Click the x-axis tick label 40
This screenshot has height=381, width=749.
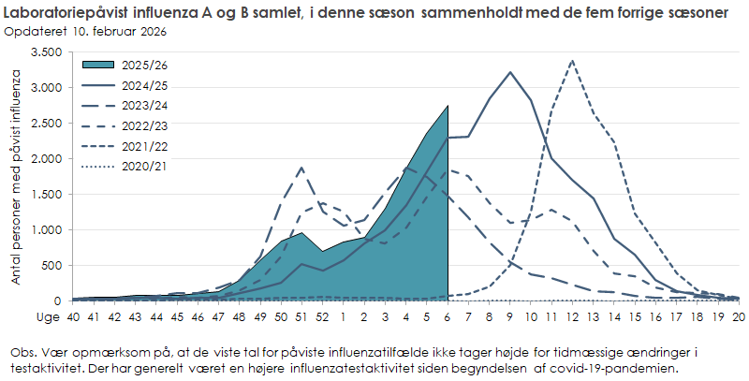click(x=72, y=318)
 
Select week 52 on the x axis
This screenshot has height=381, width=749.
click(x=322, y=318)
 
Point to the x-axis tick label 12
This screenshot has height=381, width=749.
click(x=572, y=318)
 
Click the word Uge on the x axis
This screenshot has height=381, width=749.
click(x=48, y=318)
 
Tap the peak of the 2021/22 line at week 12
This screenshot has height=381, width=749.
click(x=572, y=61)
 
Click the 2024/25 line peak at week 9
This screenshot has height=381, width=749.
click(x=509, y=72)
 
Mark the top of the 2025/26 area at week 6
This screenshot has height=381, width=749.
click(x=448, y=106)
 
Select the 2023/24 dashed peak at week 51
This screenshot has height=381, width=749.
click(x=301, y=168)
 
